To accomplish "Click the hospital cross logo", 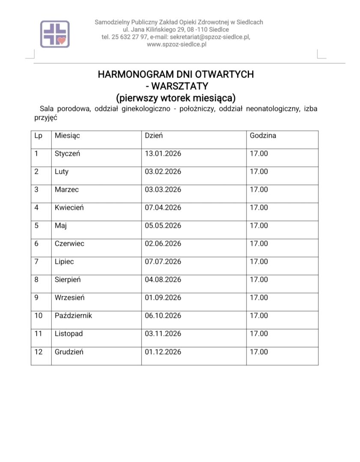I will [55, 34].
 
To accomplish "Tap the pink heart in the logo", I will [62, 40].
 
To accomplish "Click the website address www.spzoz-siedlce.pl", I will [176, 44].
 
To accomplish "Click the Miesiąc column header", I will [67, 136].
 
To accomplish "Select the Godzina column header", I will [263, 136].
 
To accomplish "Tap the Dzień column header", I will [154, 136].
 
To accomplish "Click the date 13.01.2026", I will [163, 154].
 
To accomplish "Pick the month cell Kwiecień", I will [69, 207].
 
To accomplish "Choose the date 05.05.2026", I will [163, 225].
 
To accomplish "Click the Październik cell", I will [73, 316].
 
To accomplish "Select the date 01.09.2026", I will [163, 297].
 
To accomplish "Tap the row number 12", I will [38, 352].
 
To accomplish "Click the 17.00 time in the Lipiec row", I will [259, 261].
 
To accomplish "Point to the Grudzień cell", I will [69, 352].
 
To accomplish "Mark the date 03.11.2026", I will [163, 334].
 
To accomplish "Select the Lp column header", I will [38, 136].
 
